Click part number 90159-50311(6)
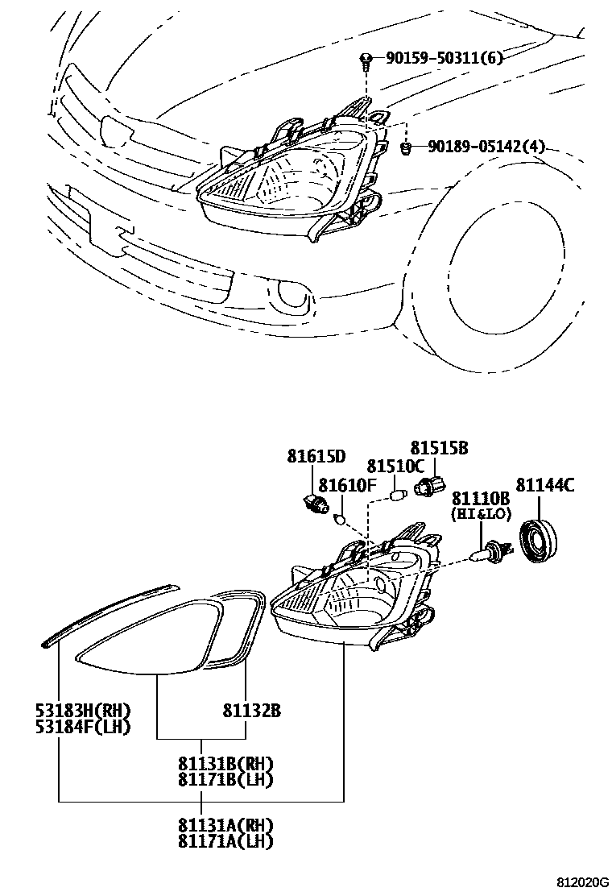click(x=445, y=58)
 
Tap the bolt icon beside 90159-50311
click(x=366, y=58)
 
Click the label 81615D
click(x=316, y=457)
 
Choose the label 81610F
click(x=347, y=484)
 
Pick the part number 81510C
click(x=395, y=467)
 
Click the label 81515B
click(x=439, y=448)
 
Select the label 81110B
click(x=480, y=498)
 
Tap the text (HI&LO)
click(x=480, y=512)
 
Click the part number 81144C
click(x=545, y=485)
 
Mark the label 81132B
click(x=252, y=711)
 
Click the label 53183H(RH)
click(x=83, y=711)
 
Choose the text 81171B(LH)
click(x=226, y=779)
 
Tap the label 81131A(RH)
click(x=226, y=825)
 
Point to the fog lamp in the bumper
click(x=288, y=297)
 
